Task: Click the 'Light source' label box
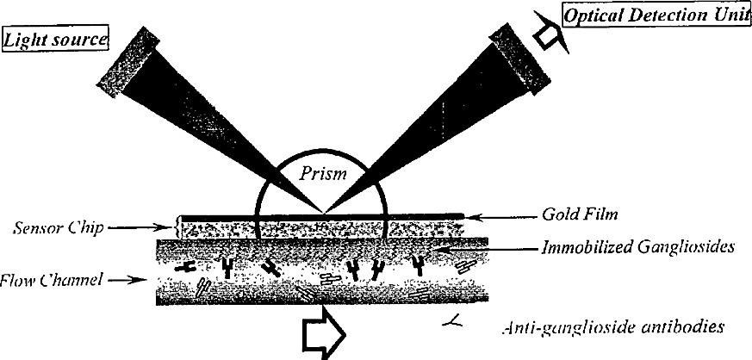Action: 56,40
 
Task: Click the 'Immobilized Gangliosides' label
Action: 637,248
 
